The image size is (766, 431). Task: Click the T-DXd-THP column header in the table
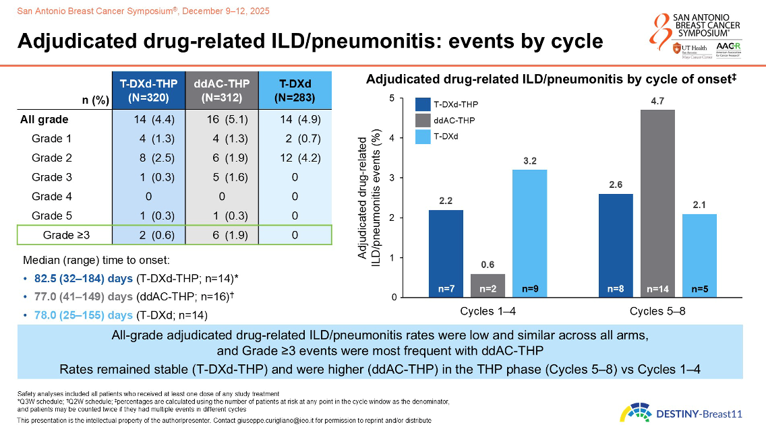tap(148, 90)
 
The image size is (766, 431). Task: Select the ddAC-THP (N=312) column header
tap(222, 90)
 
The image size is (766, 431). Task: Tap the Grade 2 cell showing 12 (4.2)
tap(295, 158)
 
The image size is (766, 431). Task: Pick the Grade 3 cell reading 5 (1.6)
tap(222, 178)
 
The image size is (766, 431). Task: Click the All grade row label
tap(44, 120)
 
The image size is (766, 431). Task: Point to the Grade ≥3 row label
tap(65, 235)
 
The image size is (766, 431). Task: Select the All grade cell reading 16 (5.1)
tap(222, 120)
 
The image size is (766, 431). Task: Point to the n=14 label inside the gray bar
tap(657, 289)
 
